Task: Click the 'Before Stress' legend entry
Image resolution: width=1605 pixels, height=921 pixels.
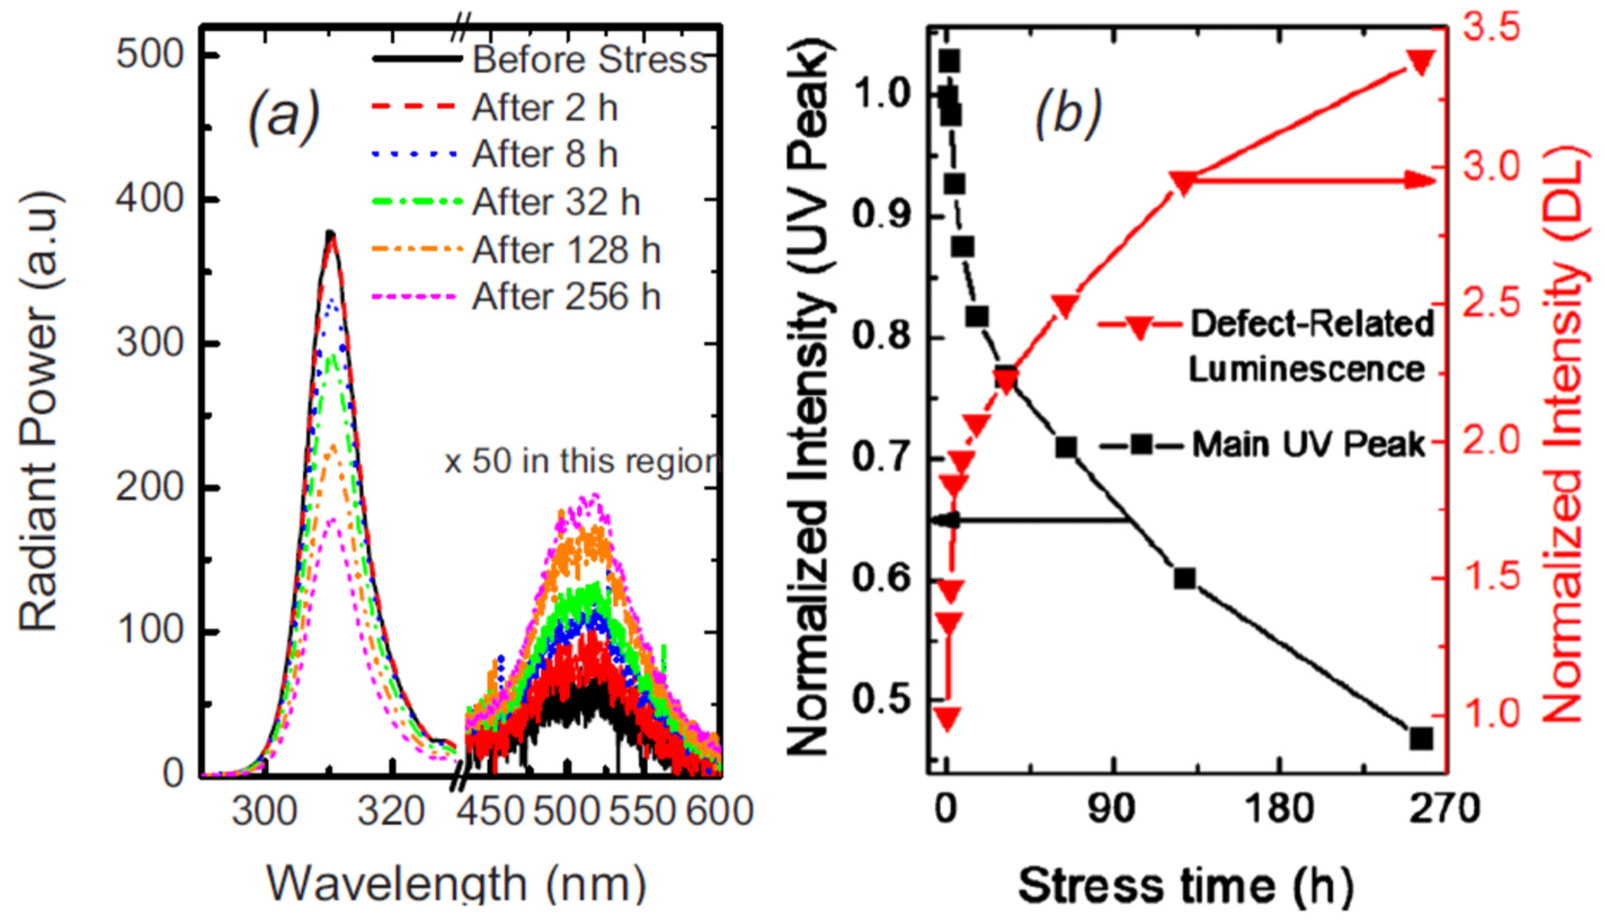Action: pyautogui.click(x=589, y=61)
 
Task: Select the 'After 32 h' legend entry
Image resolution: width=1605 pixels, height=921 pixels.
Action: pyautogui.click(x=555, y=203)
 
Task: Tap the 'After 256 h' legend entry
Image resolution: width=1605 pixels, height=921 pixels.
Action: pyautogui.click(x=565, y=297)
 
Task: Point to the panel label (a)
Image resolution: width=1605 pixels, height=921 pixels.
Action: pyautogui.click(x=284, y=117)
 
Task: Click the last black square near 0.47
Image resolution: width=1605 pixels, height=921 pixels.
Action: pyautogui.click(x=1421, y=739)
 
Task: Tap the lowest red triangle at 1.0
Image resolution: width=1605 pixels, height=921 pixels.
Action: pyautogui.click(x=947, y=718)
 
